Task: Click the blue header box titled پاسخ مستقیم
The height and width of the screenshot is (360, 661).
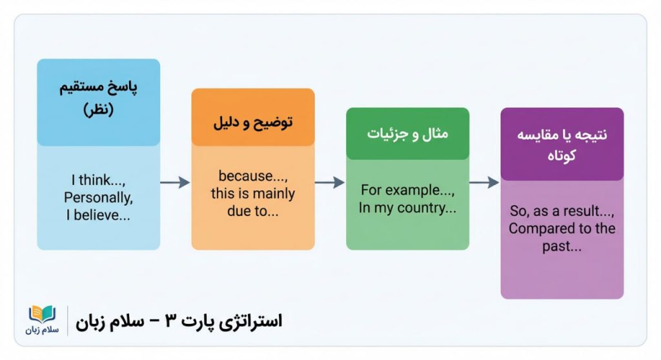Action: pyautogui.click(x=98, y=101)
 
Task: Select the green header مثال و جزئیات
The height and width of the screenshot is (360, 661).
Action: pyautogui.click(x=407, y=134)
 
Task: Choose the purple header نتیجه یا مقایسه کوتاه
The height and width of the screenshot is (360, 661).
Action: pyautogui.click(x=562, y=145)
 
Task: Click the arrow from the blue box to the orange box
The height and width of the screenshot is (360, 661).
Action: pyautogui.click(x=175, y=183)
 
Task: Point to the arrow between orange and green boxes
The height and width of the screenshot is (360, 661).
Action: pyautogui.click(x=330, y=183)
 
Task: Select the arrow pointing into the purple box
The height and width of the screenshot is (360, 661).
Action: pyautogui.click(x=484, y=183)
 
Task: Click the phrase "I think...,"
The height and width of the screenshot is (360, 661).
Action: pyautogui.click(x=98, y=181)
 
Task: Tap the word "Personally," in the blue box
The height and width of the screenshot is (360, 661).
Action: pyautogui.click(x=98, y=198)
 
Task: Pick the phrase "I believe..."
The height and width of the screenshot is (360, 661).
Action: pyautogui.click(x=98, y=215)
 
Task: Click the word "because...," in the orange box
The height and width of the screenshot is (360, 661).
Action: pyautogui.click(x=252, y=176)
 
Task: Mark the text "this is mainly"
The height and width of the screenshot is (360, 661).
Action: pyautogui.click(x=252, y=194)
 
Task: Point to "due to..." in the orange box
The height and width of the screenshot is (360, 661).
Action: pyautogui.click(x=252, y=210)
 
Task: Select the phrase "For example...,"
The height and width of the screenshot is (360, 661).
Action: pyautogui.click(x=407, y=190)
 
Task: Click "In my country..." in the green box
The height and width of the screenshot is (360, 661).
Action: pyautogui.click(x=407, y=208)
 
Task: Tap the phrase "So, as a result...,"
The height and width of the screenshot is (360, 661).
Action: pyautogui.click(x=562, y=211)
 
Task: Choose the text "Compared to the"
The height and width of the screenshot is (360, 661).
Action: pyautogui.click(x=562, y=228)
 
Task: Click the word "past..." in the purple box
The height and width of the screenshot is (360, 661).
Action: pyautogui.click(x=562, y=246)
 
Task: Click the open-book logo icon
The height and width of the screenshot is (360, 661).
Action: pyautogui.click(x=43, y=314)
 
